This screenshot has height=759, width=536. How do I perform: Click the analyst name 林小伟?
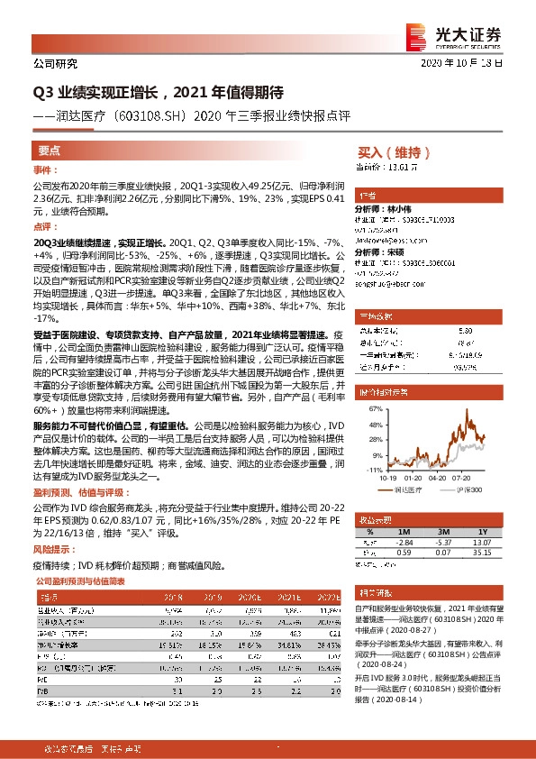pos(404,208)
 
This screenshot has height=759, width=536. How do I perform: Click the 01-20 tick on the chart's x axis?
pos(413,480)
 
